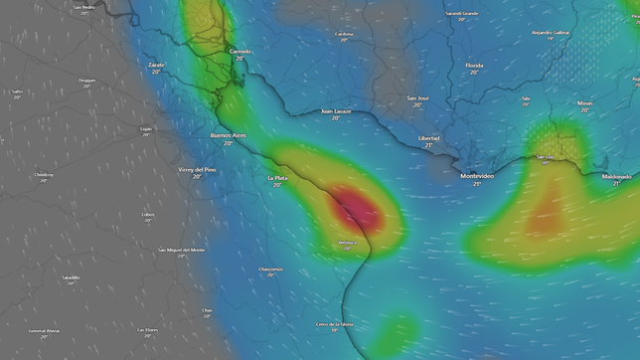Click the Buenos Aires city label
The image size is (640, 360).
pos(228,135)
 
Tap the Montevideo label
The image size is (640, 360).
pos(477,176)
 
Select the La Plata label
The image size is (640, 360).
pos(277,179)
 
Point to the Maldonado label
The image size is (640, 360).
pos(616,176)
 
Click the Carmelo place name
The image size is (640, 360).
pos(240,51)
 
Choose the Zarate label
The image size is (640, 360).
pos(156,65)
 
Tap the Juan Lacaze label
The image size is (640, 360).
pos(335,111)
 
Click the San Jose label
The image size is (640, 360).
pos(418,98)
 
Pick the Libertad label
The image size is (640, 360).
pos(429,138)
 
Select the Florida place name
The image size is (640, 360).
pos(474,66)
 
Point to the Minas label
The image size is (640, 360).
pos(584,102)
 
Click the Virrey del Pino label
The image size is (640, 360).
pos(197,170)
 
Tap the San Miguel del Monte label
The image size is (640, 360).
pos(181,250)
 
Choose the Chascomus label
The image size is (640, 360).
pos(270,269)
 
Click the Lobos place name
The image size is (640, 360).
pos(148,214)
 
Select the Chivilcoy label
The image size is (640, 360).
pos(44,175)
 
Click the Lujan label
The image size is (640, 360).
pos(146,128)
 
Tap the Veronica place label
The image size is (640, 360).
pos(347,242)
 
